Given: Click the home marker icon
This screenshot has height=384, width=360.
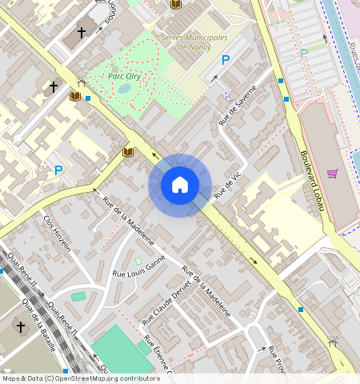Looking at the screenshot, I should [180, 185].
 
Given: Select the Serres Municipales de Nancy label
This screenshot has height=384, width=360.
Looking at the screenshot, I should [194, 42].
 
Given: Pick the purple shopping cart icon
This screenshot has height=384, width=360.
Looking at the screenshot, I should [332, 173].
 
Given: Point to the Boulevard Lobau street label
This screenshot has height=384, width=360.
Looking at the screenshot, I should [314, 182].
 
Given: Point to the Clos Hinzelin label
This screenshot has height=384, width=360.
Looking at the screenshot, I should [58, 233].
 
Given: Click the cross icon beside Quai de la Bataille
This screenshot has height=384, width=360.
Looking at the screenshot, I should [21, 326].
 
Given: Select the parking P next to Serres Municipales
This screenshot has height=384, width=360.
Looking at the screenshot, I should [226, 60].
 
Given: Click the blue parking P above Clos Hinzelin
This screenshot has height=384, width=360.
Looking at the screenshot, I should [58, 170].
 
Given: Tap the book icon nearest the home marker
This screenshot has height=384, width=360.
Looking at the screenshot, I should [127, 152].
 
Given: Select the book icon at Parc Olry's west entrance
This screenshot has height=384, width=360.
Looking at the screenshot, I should [75, 96].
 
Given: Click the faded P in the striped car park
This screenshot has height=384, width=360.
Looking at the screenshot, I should [303, 52].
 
